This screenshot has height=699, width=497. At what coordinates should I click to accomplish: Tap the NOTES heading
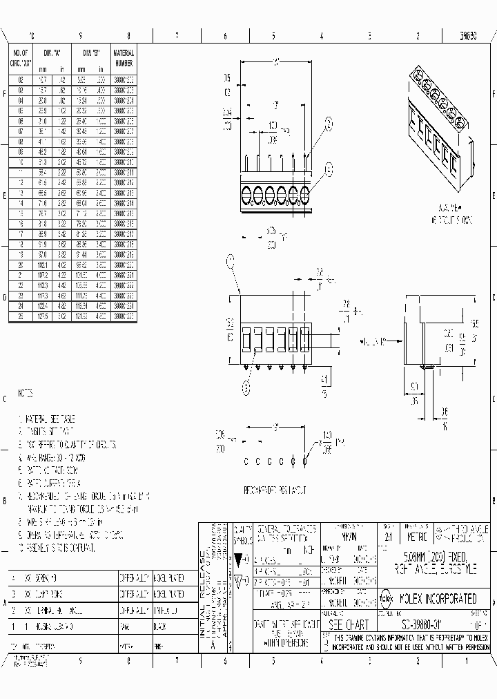point(26,394)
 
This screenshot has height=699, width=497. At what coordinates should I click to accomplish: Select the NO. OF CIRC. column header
point(21,60)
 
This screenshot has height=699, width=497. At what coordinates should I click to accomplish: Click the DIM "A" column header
point(52,53)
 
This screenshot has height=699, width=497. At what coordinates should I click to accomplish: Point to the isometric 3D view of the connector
point(439,117)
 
